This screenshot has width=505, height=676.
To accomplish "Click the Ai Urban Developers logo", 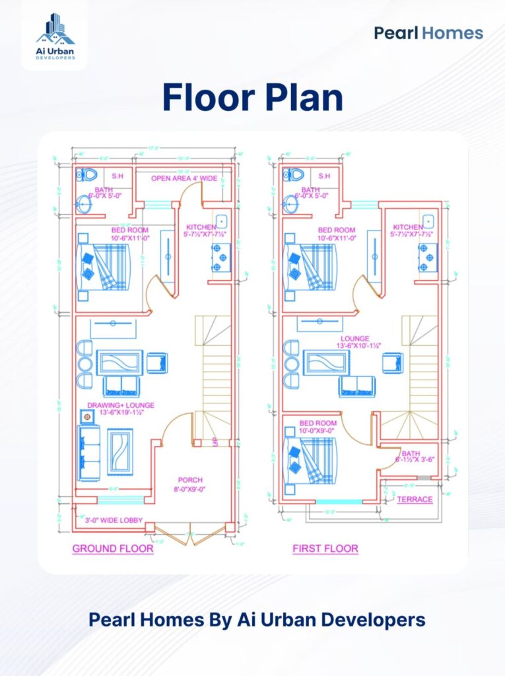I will (55, 36).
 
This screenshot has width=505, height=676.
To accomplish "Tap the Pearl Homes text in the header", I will (428, 33).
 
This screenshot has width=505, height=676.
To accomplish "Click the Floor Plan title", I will (253, 98).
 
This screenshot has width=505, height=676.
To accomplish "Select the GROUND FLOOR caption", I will (113, 549).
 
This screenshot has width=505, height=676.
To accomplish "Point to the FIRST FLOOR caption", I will (325, 549).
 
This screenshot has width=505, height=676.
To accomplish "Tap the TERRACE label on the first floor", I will (415, 500).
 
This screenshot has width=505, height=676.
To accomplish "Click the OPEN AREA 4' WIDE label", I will (184, 178).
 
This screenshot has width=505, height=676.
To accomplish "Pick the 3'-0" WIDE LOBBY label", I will (109, 520).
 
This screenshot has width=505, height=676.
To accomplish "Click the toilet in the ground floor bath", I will (87, 175).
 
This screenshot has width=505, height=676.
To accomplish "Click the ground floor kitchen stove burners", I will (219, 257).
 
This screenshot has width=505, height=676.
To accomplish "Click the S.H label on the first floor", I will (324, 176).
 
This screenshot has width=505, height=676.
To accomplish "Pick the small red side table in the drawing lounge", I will (86, 417).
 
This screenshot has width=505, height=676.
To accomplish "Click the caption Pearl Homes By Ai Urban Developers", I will (257, 620).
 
